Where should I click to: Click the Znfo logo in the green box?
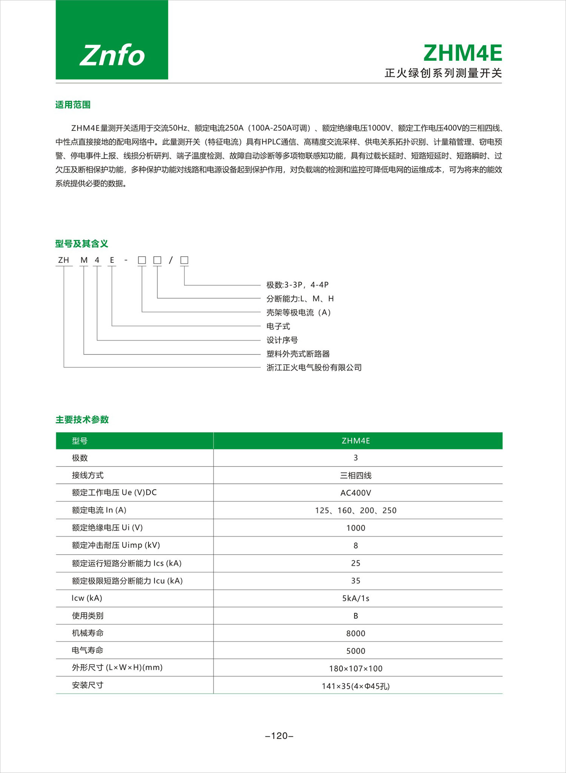click(112, 55)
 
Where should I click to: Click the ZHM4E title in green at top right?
click(463, 53)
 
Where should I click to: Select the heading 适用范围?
click(73, 105)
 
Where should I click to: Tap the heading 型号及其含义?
click(82, 244)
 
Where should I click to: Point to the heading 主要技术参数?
click(82, 419)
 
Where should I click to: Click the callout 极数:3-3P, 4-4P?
click(297, 285)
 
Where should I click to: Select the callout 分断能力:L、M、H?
click(300, 299)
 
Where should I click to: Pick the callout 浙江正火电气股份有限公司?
click(314, 367)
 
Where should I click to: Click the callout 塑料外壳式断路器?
click(298, 354)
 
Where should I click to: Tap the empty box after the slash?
click(184, 260)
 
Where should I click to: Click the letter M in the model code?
click(84, 260)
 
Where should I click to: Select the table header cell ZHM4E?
click(355, 440)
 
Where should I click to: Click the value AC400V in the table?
click(355, 493)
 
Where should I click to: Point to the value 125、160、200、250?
click(355, 510)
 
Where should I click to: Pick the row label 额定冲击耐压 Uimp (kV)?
click(116, 545)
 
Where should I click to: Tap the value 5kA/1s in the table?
click(355, 598)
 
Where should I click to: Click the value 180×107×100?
click(355, 669)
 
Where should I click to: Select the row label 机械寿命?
click(88, 633)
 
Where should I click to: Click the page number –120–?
click(279, 736)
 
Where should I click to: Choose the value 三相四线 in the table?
click(355, 475)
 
